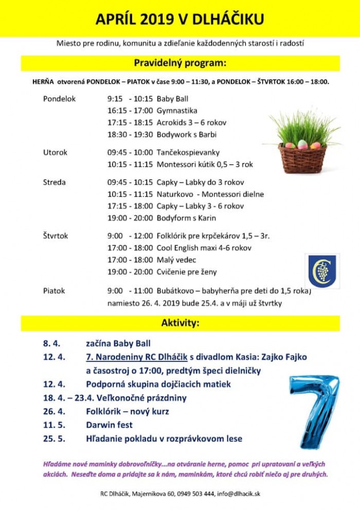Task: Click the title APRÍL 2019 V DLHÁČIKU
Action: (x=180, y=19)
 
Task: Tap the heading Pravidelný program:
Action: (x=180, y=63)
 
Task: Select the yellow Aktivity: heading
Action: (x=180, y=323)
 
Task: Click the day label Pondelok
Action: (x=59, y=99)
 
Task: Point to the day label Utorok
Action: (x=56, y=152)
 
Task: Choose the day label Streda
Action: (x=55, y=182)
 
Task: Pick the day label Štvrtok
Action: (x=56, y=236)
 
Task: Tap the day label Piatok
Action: (x=54, y=290)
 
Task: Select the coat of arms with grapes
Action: (x=322, y=271)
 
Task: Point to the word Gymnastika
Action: (x=177, y=111)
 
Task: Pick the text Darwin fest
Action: (x=109, y=425)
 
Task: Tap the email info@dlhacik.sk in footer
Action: (x=238, y=494)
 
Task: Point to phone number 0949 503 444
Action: (x=195, y=494)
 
